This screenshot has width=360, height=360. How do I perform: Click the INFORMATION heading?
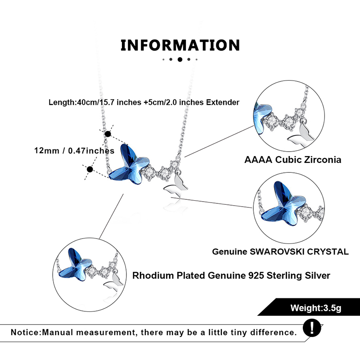tap(180, 45)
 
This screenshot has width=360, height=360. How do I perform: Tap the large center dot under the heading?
tap(180, 59)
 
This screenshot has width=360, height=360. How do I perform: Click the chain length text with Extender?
tap(144, 103)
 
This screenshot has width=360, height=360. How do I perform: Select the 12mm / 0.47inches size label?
tap(74, 151)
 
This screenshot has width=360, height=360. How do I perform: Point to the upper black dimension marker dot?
tap(107, 134)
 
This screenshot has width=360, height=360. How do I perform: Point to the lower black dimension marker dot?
tap(90, 170)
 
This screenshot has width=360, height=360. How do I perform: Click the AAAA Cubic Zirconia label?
tap(292, 160)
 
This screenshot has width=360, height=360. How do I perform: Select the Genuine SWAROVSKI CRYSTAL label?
tap(280, 252)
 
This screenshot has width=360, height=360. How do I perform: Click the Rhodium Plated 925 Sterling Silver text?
tap(231, 275)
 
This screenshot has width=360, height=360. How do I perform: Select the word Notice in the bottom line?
tap(26, 333)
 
